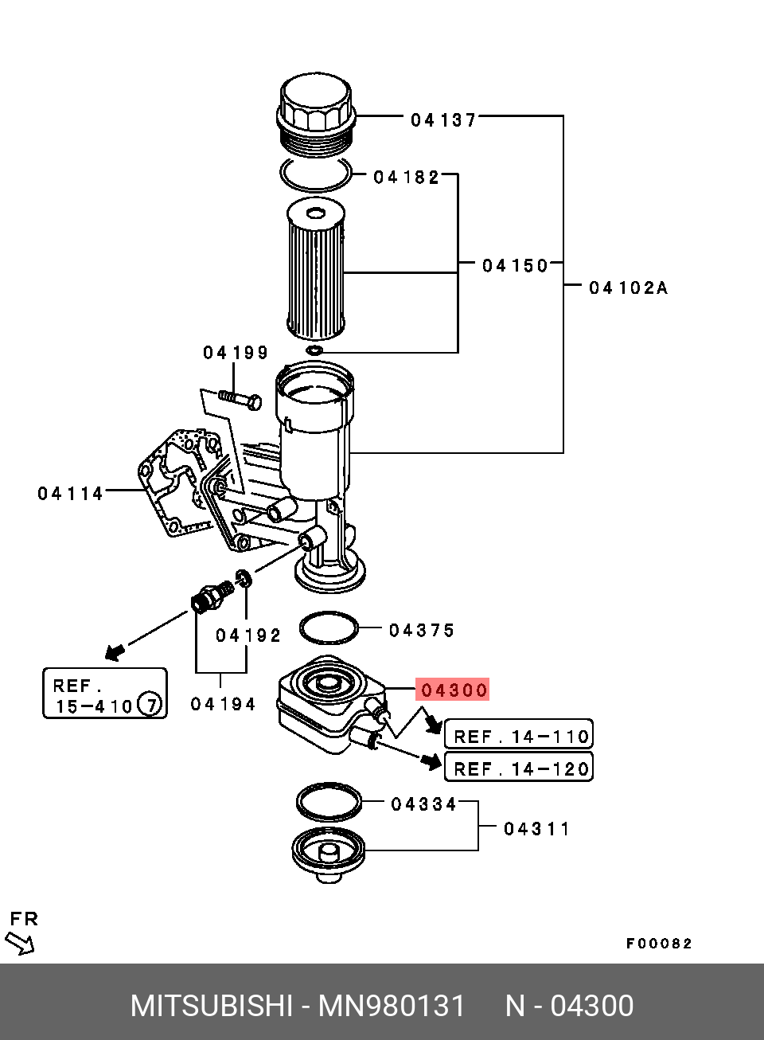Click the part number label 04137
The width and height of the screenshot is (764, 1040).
(443, 120)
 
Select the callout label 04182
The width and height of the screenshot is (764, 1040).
(406, 177)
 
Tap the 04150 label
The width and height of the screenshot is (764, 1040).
(515, 265)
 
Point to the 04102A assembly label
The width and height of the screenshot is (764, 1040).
(628, 287)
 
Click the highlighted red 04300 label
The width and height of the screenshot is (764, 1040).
(454, 690)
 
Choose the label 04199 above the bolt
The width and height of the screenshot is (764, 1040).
(235, 352)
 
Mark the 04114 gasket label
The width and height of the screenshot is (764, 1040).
(70, 494)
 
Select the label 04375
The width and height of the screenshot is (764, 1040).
(421, 631)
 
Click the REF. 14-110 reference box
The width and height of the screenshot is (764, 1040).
(519, 735)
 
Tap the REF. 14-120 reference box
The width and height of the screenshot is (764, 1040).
(519, 768)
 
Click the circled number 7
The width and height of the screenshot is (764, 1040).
(149, 704)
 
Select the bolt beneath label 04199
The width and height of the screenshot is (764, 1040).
(240, 397)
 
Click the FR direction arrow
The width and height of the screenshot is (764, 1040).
(20, 944)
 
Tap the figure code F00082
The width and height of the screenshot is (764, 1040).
(658, 944)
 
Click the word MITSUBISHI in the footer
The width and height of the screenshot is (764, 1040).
(212, 1006)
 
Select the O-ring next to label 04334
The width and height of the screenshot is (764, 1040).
(328, 801)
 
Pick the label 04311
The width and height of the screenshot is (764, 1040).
(536, 829)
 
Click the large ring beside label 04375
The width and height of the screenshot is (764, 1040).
(329, 628)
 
